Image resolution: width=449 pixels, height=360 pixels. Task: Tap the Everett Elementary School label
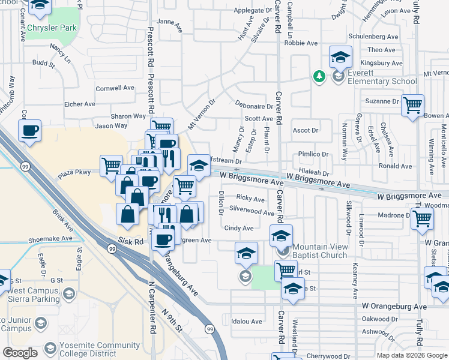coord(382,81)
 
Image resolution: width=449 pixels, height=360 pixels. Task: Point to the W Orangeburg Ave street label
coord(394,306)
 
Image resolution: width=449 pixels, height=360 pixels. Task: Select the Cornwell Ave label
coord(115,88)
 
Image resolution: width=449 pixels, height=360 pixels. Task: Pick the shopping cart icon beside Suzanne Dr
coord(412,106)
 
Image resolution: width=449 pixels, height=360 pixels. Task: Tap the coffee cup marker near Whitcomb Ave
coord(29,130)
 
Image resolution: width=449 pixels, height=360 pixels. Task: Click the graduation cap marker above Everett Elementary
coord(340,58)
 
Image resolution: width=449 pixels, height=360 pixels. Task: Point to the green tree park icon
coord(319,76)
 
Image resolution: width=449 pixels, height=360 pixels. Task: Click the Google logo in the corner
coord(20,353)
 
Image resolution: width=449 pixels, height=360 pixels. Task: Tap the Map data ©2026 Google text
coord(412,355)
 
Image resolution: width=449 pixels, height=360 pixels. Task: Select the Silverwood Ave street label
coord(252,211)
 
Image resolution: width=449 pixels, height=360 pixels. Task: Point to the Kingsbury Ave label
coord(384,63)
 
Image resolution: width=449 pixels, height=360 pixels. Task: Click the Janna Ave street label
coord(169,22)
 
